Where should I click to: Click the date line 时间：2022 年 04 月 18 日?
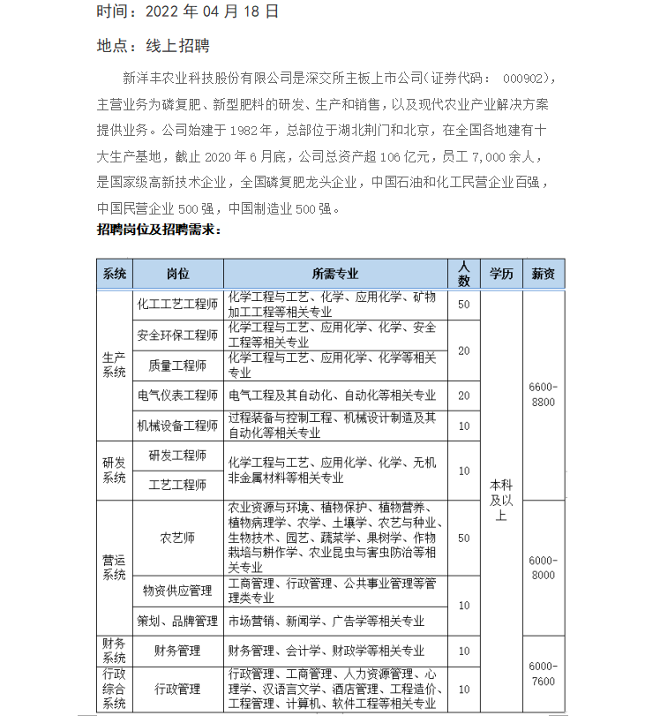tap(188, 11)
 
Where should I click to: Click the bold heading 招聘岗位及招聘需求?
tap(159, 229)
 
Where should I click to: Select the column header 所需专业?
tap(335, 274)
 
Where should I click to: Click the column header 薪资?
tap(543, 274)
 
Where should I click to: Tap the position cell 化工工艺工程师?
tap(177, 304)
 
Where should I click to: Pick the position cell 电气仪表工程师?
tap(177, 395)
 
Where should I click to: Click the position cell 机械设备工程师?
tap(177, 426)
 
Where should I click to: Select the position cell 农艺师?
tap(177, 537)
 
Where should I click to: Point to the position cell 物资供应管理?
tap(177, 590)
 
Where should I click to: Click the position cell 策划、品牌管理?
tap(177, 621)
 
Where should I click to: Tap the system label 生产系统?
tap(114, 365)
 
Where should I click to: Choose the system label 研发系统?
tap(114, 470)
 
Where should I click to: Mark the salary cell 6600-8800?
tap(543, 395)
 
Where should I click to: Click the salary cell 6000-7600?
tap(543, 674)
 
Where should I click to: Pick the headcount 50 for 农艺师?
tap(464, 537)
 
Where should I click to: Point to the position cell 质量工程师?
tap(177, 365)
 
